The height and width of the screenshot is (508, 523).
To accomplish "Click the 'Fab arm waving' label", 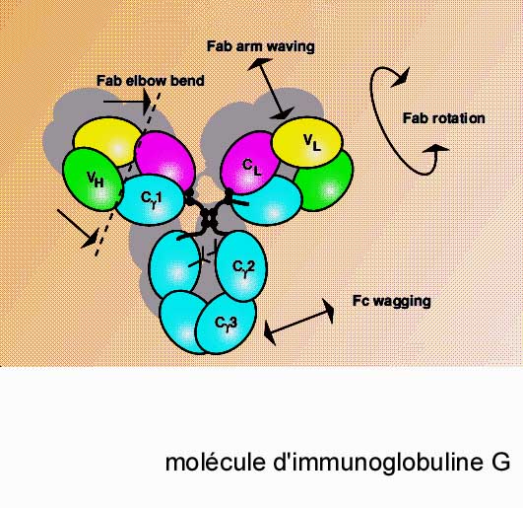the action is coord(260,46).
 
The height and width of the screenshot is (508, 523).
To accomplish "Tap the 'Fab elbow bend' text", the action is coord(151,81).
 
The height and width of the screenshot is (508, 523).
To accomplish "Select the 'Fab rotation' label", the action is coord(443,118).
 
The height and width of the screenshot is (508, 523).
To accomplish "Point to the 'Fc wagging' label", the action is coord(392,301).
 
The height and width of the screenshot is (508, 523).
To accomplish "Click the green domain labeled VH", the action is coord(93,180).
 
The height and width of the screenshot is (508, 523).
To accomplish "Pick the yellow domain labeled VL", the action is coord(307,142).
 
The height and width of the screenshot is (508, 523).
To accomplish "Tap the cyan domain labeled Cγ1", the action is coord(151,200).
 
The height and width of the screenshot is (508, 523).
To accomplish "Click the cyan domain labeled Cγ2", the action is coord(242,266).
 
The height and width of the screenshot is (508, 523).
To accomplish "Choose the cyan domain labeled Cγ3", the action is coord(226,324).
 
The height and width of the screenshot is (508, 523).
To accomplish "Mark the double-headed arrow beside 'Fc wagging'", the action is coord(298,323).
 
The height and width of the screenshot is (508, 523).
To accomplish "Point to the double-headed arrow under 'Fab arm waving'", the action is coord(271,89).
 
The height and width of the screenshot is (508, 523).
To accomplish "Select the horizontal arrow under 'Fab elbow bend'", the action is coord(127,102).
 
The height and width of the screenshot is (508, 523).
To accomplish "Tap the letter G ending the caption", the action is coord(500,462).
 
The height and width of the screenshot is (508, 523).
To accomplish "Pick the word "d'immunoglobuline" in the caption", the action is coord(378,462).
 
